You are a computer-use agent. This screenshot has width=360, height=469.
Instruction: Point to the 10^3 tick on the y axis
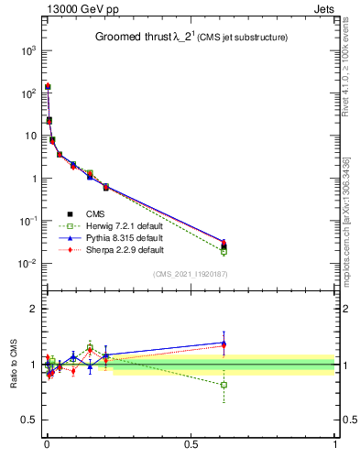tap(25, 50)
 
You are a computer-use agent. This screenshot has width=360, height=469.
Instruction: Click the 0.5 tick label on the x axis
tap(191, 446)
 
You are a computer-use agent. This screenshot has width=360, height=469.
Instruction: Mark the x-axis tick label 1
tap(335, 446)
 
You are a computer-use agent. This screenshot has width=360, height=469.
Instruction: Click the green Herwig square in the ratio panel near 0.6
tap(224, 385)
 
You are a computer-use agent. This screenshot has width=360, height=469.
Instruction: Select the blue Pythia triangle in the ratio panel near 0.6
tap(224, 343)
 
